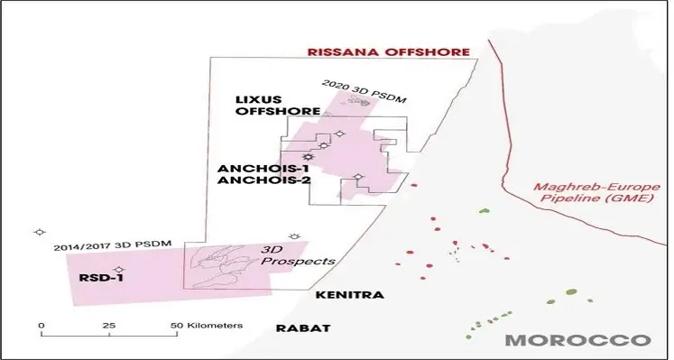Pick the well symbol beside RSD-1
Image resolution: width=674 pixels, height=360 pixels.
[119, 269]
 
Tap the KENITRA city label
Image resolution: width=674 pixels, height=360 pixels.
[350, 295]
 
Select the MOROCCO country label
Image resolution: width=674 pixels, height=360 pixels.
[577, 340]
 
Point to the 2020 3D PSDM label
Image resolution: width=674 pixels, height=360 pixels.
[358, 88]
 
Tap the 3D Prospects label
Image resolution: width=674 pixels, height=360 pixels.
[297, 254]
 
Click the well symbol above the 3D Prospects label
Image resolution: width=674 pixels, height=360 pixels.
[293, 235]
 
